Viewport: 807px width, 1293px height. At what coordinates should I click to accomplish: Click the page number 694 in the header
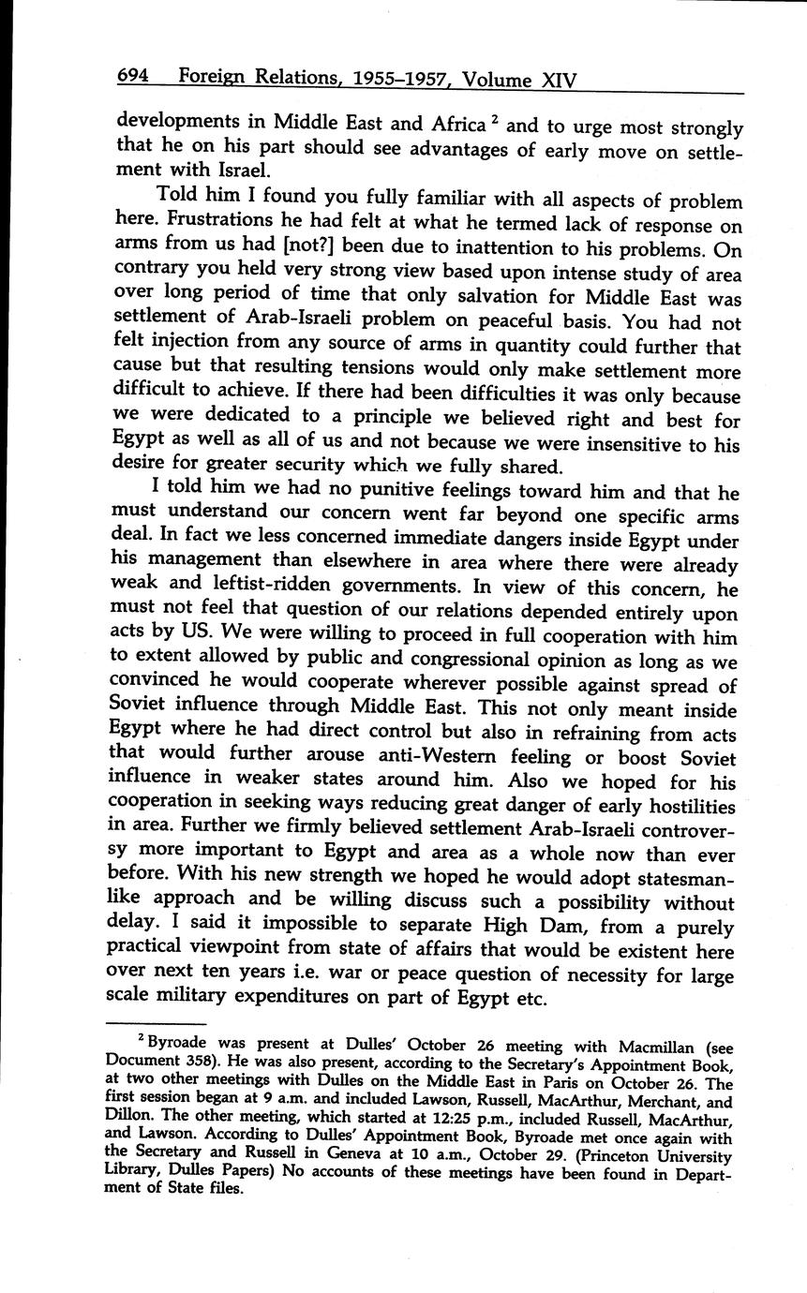point(135,80)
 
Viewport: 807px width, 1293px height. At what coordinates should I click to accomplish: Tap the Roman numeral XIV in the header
point(559,81)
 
